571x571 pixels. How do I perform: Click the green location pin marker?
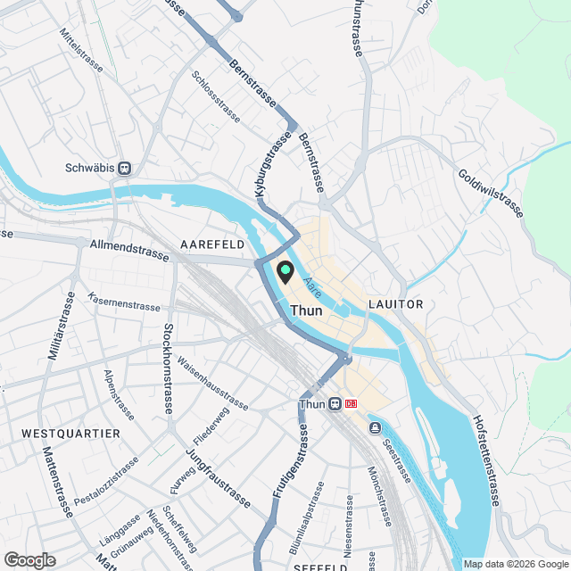(x=286, y=271)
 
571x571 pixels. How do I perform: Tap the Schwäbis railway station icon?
(x=126, y=167)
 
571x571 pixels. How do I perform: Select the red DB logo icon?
(x=351, y=403)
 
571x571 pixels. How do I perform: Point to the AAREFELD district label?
(x=213, y=244)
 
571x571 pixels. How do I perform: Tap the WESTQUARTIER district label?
(x=70, y=434)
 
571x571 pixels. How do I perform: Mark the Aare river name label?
(x=312, y=286)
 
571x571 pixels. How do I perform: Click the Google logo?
(x=29, y=559)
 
